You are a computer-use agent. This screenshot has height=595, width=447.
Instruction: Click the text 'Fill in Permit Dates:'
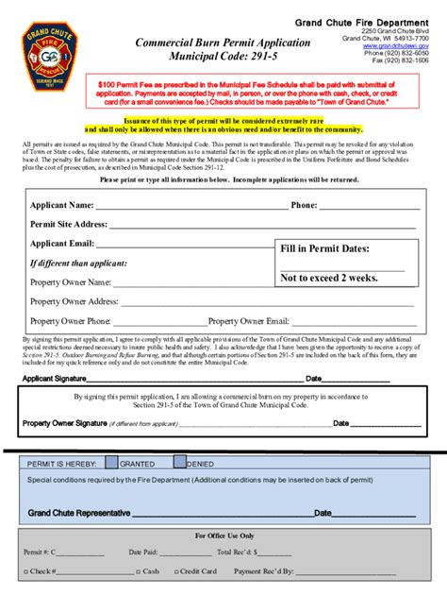[x=325, y=248]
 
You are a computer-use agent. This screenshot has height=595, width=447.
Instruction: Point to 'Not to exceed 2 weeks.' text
[x=329, y=278]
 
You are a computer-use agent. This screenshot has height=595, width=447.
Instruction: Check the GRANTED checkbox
[x=111, y=463]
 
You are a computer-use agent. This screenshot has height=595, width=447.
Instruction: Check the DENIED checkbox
[x=180, y=463]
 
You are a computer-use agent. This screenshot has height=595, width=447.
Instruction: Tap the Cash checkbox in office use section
[x=138, y=572]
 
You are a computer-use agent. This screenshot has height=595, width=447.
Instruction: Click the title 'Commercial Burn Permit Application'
[x=223, y=43]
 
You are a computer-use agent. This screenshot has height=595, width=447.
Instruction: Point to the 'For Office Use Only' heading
[x=223, y=535]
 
